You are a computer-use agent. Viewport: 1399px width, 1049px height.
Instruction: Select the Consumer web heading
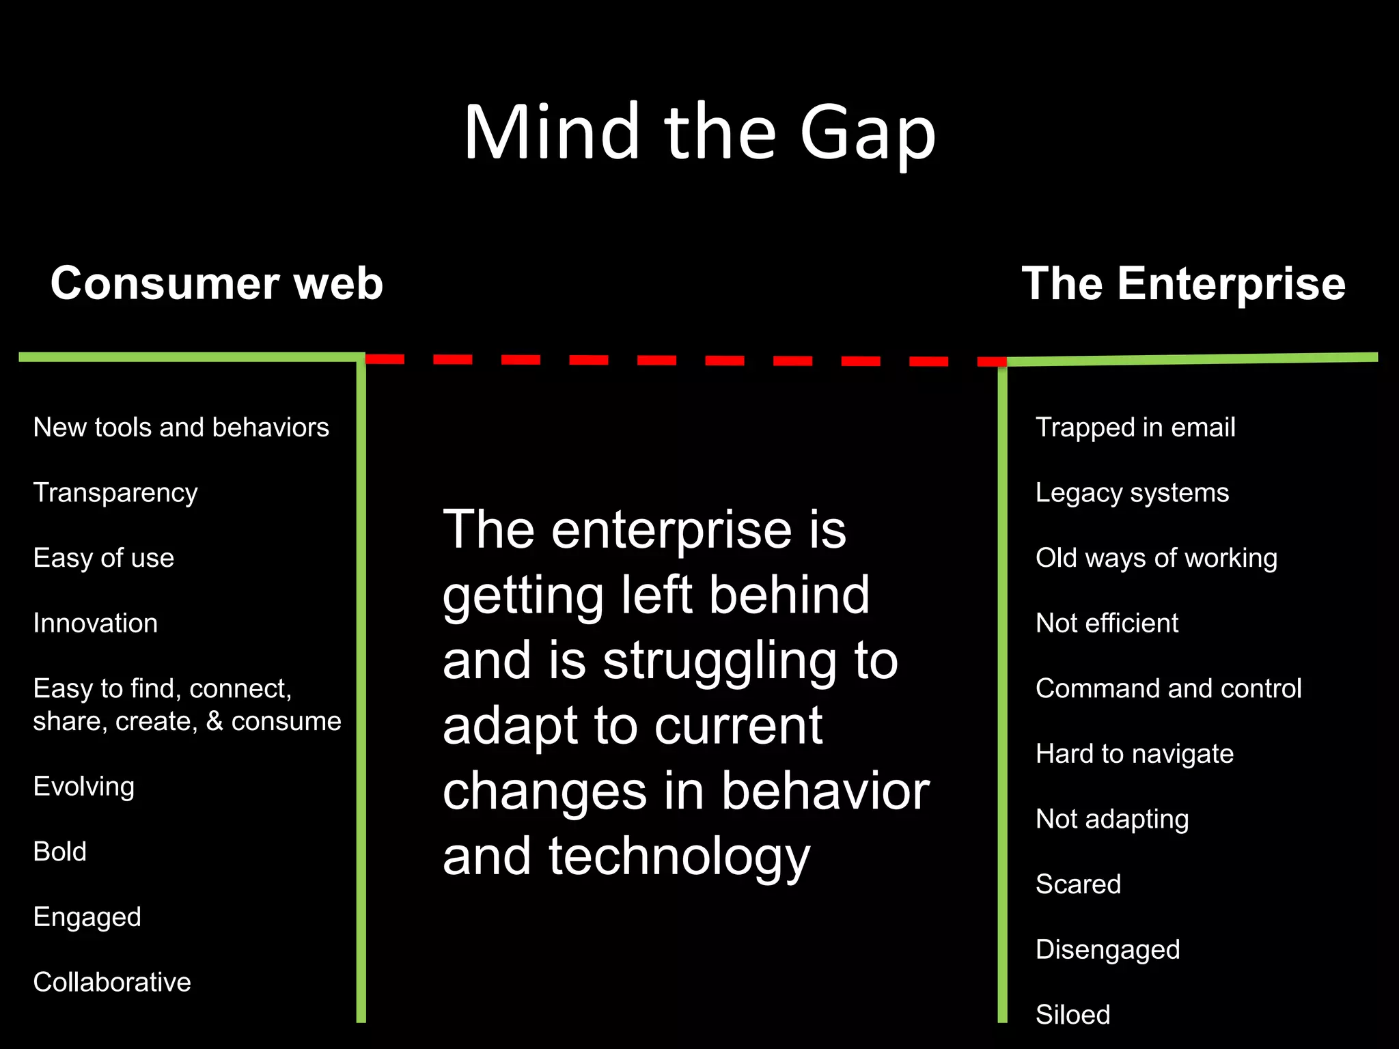pyautogui.click(x=217, y=283)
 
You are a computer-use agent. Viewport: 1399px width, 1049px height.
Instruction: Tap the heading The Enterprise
pyautogui.click(x=1183, y=283)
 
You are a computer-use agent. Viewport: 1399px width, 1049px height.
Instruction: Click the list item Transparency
pyautogui.click(x=115, y=493)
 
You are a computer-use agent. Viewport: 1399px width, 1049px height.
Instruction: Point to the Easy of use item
pyautogui.click(x=104, y=558)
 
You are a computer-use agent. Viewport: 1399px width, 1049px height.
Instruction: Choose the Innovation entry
pyautogui.click(x=96, y=624)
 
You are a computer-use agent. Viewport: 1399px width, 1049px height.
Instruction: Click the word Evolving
pyautogui.click(x=84, y=787)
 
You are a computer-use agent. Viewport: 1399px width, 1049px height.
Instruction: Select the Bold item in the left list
pyautogui.click(x=60, y=852)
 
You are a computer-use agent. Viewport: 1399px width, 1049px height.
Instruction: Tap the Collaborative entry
pyautogui.click(x=112, y=982)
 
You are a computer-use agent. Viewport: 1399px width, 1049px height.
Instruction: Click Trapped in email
pyautogui.click(x=1135, y=428)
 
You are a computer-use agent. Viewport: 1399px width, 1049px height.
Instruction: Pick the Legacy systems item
pyautogui.click(x=1132, y=493)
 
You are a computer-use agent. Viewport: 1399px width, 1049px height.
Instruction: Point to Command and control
pyautogui.click(x=1168, y=688)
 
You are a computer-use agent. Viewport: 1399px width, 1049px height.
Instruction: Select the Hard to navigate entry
pyautogui.click(x=1134, y=754)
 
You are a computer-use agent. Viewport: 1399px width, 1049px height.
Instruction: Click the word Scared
pyautogui.click(x=1078, y=884)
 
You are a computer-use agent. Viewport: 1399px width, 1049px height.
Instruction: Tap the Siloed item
pyautogui.click(x=1072, y=1015)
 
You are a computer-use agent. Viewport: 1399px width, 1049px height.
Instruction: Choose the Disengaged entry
pyautogui.click(x=1107, y=950)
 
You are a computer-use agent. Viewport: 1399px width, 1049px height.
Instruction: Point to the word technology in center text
pyautogui.click(x=679, y=858)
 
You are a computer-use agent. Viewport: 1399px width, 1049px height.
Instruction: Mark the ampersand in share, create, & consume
pyautogui.click(x=214, y=722)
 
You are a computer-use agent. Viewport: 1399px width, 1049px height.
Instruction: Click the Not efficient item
pyautogui.click(x=1107, y=624)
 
